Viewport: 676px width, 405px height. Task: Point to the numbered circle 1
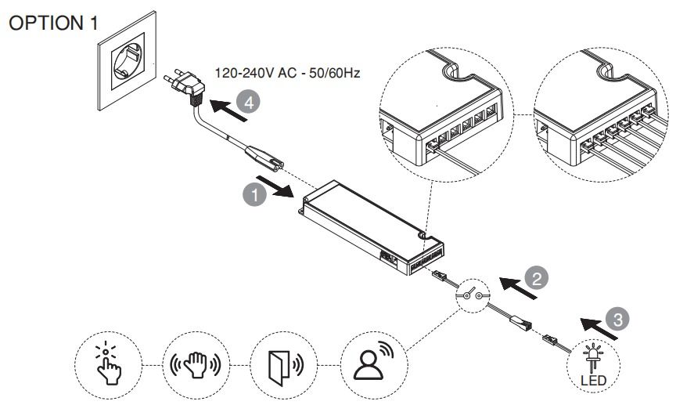(x=250, y=194)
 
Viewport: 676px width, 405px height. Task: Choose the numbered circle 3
(x=619, y=318)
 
